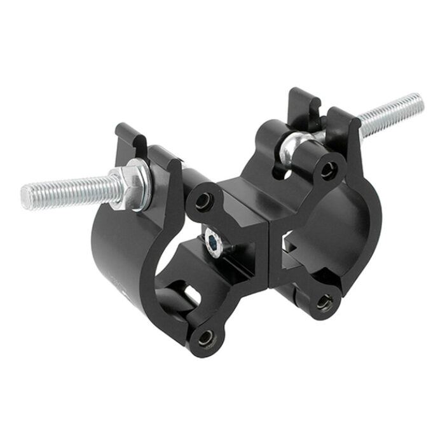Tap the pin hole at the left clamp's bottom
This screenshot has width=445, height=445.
207,338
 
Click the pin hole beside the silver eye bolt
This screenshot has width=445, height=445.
329,170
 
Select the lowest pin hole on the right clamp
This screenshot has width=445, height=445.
325,303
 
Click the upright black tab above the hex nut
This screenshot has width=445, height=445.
130,139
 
